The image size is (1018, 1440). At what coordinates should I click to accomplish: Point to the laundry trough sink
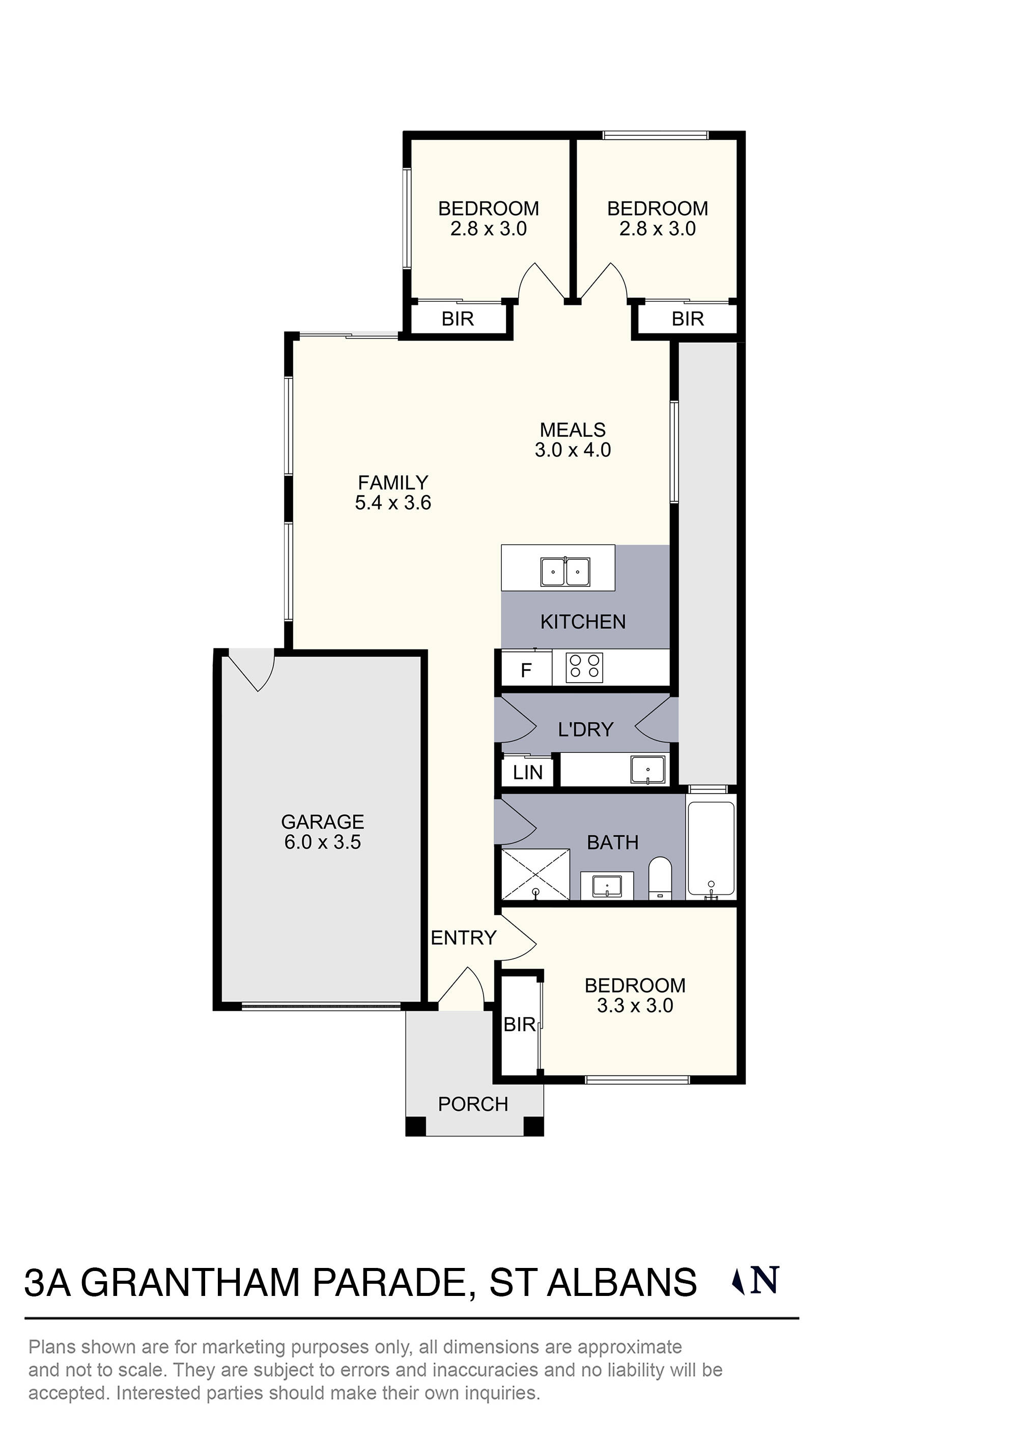[648, 770]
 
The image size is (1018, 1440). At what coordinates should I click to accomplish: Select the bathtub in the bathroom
[711, 850]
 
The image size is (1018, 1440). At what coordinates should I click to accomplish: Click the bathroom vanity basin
[607, 887]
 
